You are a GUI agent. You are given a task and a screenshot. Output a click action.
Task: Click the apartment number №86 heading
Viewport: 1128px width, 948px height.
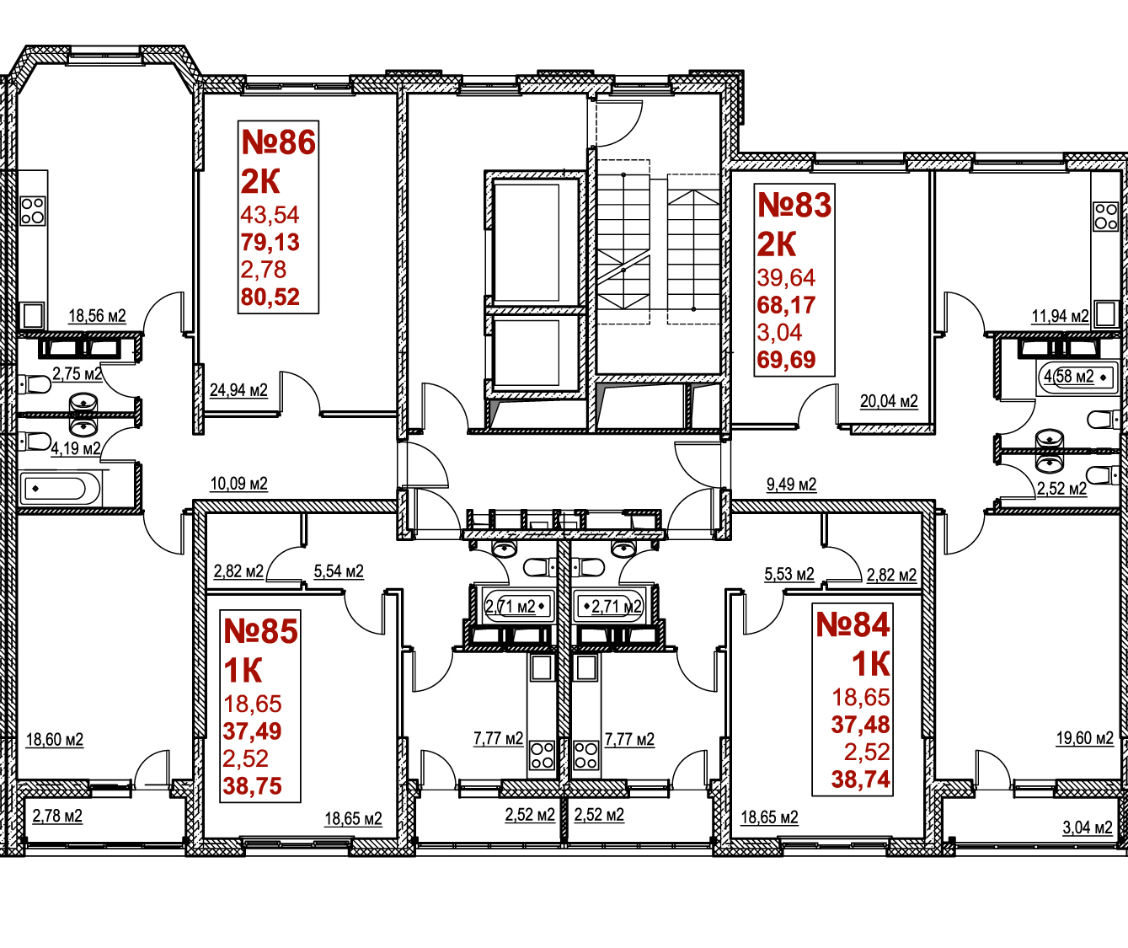(x=278, y=142)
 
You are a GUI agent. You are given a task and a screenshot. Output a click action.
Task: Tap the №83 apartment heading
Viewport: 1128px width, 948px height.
(x=794, y=206)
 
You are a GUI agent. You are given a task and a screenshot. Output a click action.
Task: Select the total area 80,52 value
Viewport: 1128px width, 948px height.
(x=270, y=297)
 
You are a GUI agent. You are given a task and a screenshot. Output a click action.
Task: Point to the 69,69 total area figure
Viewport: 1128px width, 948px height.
(x=786, y=360)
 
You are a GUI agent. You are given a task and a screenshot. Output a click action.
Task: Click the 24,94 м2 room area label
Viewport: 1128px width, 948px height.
(x=238, y=389)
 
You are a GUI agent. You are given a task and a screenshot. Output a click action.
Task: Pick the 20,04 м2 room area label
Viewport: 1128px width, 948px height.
(x=890, y=401)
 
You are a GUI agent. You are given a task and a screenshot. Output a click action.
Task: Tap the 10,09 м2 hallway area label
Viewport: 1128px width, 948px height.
(x=238, y=483)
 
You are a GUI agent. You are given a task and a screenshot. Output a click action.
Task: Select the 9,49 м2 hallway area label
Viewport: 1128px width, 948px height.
(x=791, y=485)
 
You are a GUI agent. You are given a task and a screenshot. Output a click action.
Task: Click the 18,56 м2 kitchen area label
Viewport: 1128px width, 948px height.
(x=97, y=316)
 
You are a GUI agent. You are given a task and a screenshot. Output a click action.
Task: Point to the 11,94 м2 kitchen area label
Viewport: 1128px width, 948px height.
(x=1061, y=316)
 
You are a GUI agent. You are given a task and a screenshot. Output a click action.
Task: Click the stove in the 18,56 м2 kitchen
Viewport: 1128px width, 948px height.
(x=32, y=212)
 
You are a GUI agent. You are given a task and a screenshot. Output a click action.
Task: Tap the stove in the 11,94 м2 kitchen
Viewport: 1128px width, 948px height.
(x=1105, y=217)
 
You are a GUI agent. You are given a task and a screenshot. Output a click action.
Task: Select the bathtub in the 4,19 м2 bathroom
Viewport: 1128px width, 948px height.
(x=60, y=489)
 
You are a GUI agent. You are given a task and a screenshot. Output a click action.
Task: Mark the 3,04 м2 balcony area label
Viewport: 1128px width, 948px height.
(x=1088, y=827)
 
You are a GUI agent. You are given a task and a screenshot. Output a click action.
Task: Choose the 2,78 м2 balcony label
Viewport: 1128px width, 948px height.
(x=57, y=816)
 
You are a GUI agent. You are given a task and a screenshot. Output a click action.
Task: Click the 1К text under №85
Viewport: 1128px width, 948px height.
(x=243, y=672)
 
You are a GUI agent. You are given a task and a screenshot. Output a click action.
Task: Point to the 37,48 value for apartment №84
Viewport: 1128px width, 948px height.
(x=861, y=725)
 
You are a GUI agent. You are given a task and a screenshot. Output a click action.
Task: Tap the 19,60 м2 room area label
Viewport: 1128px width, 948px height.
(x=1085, y=737)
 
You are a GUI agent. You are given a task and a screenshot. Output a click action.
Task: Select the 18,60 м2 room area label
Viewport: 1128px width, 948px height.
(x=55, y=739)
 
